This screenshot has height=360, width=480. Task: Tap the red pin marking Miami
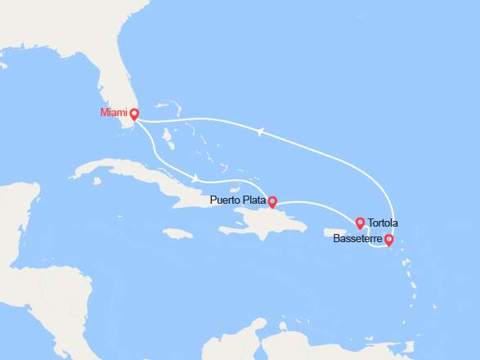pyautogui.click(x=134, y=115)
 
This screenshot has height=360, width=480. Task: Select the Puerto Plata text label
pyautogui.click(x=236, y=199)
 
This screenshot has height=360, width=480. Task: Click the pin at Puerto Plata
pyautogui.click(x=272, y=201)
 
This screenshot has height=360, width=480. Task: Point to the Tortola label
pyautogui.click(x=383, y=223)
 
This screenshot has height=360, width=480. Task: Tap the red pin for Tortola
pyautogui.click(x=360, y=222)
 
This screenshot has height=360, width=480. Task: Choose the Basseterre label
pyautogui.click(x=357, y=240)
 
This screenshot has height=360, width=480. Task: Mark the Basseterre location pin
pyautogui.click(x=388, y=240)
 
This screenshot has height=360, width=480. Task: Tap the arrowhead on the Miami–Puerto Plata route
pyautogui.click(x=195, y=178)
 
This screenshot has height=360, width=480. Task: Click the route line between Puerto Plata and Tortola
pyautogui.click(x=319, y=204)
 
